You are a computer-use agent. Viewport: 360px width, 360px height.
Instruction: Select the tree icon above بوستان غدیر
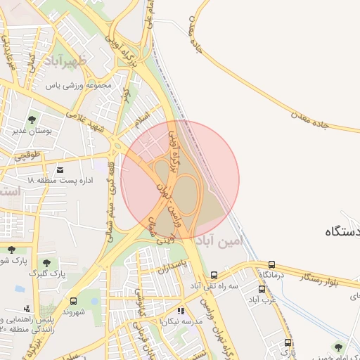(x=32, y=119)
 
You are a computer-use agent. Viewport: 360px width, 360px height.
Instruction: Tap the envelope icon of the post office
(x=60, y=170)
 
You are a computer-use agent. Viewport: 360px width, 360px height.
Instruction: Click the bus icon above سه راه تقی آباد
(x=214, y=275)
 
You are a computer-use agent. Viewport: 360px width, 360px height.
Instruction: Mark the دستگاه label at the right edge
(x=343, y=231)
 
